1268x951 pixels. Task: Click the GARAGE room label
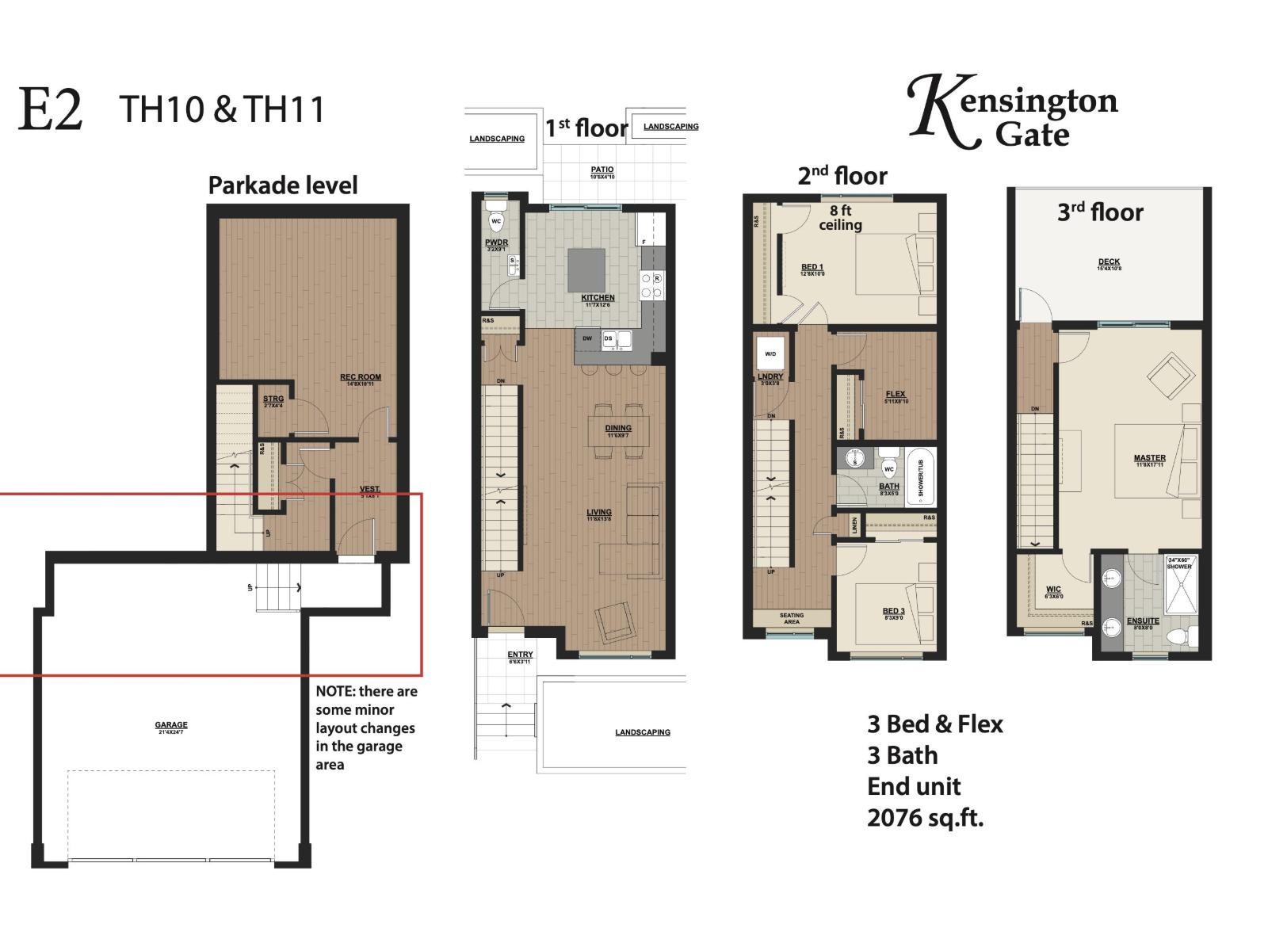(171, 725)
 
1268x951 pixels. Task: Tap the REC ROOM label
(361, 378)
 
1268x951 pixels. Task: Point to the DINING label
(618, 429)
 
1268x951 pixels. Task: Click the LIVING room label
(599, 513)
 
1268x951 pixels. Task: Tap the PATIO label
(602, 170)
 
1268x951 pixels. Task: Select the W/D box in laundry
(770, 354)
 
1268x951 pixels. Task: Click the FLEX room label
(896, 394)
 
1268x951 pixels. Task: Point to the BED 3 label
(893, 611)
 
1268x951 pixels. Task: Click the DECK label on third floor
(1109, 262)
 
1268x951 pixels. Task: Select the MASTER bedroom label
(1149, 458)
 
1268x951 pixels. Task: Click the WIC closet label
(1053, 590)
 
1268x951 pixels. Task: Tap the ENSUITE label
(1143, 621)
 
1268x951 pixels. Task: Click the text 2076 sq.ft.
(925, 817)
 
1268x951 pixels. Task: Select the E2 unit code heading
(50, 110)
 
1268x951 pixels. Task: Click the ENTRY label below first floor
(520, 655)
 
